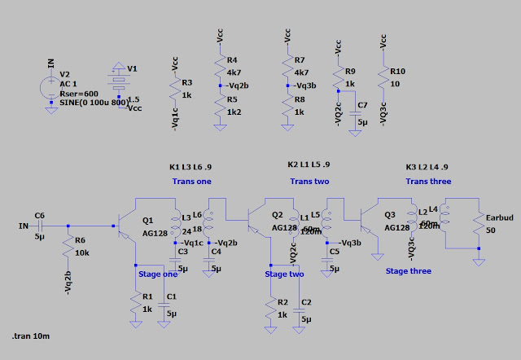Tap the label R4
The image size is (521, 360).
[x=232, y=60]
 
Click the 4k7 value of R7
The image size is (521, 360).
[x=300, y=72]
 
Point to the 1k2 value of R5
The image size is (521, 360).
[x=233, y=112]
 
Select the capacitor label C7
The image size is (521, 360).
[x=362, y=106]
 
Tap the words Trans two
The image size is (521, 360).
[x=310, y=181]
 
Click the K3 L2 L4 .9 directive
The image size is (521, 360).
[x=428, y=167]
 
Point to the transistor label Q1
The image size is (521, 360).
[x=147, y=220]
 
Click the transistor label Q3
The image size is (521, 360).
[x=391, y=215]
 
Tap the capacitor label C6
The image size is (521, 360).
[x=40, y=214]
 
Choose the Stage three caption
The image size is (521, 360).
[x=409, y=270]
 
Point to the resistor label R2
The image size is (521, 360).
[x=282, y=302]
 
